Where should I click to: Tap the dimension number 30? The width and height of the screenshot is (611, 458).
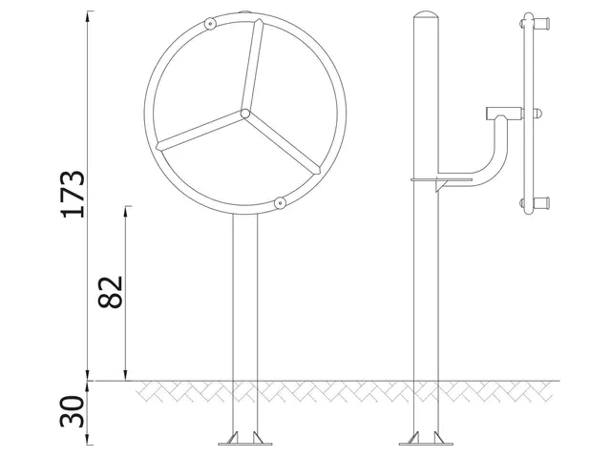74,412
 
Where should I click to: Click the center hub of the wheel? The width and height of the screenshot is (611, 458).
245,114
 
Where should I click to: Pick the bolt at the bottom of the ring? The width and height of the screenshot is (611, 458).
280,202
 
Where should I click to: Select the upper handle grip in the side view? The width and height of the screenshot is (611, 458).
541,22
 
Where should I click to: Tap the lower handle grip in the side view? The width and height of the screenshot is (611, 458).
541,202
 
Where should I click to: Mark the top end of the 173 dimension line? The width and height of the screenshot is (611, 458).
89,11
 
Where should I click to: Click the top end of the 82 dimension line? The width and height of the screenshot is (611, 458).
126,206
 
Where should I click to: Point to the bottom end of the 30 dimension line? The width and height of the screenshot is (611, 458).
89,445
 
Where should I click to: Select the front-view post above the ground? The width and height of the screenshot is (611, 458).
246,296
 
